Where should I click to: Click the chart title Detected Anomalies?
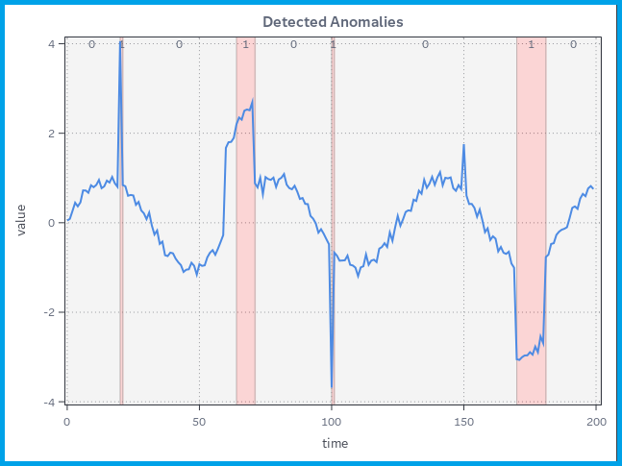(333, 21)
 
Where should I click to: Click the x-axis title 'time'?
(335, 443)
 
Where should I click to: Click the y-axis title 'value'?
(21, 219)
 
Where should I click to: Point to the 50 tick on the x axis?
(199, 421)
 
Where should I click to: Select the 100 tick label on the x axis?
(332, 421)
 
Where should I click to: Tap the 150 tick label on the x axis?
(463, 421)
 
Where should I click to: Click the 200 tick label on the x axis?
(596, 421)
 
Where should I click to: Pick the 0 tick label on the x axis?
(66, 421)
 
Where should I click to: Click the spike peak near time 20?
(120, 42)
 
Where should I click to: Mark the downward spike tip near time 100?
(332, 387)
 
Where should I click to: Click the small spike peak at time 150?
(463, 145)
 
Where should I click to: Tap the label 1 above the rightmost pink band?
(531, 44)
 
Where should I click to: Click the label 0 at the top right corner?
(573, 44)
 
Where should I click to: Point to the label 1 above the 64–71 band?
(245, 44)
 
